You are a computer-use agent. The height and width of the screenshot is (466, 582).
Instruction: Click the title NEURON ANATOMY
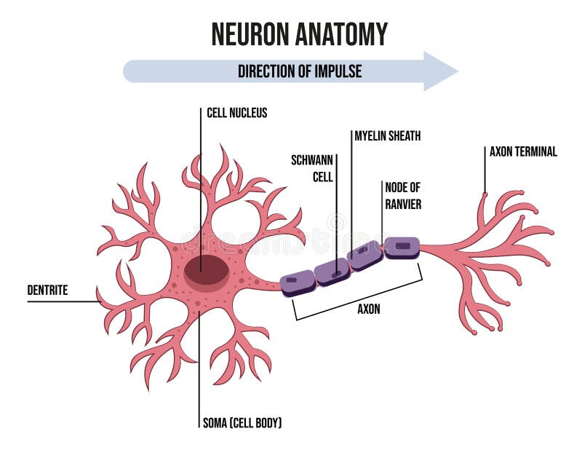pyautogui.click(x=299, y=33)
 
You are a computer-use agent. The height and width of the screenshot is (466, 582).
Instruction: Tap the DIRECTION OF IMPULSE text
pyautogui.click(x=300, y=71)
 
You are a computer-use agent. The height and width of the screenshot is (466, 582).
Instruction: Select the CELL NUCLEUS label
pyautogui.click(x=236, y=113)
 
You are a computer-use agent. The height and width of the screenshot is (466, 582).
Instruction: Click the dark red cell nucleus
pyautogui.click(x=205, y=271)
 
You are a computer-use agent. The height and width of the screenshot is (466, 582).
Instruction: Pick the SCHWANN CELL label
pyautogui.click(x=311, y=167)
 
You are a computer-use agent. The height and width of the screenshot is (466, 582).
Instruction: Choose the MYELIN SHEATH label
pyautogui.click(x=387, y=135)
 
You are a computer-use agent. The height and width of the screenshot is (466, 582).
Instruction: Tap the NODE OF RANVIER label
pyautogui.click(x=402, y=195)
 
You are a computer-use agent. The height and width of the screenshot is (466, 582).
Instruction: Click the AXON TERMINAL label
pyautogui.click(x=523, y=152)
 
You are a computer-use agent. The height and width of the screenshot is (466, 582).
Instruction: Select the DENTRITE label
pyautogui.click(x=47, y=291)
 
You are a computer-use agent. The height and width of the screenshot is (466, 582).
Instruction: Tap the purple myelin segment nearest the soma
pyautogui.click(x=298, y=282)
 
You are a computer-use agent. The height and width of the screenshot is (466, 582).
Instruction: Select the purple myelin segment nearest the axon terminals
pyautogui.click(x=402, y=248)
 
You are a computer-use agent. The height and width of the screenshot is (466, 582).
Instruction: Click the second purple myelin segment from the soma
pyautogui.click(x=332, y=271)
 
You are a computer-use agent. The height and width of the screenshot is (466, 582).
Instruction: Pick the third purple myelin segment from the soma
pyautogui.click(x=365, y=256)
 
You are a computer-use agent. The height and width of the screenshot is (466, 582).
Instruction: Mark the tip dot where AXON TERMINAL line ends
pyautogui.click(x=485, y=194)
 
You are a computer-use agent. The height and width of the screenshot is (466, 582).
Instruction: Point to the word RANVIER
pyautogui.click(x=402, y=205)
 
